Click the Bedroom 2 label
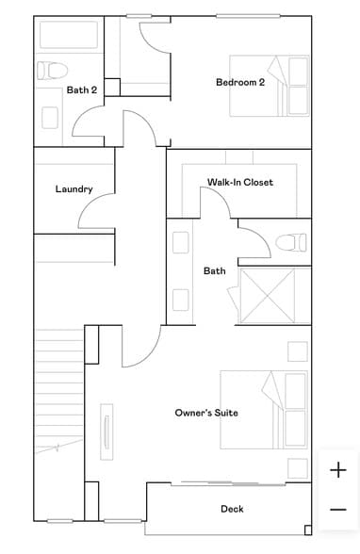240,82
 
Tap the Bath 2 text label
82,90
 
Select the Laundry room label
74,189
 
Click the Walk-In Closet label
240,182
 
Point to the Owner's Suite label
206,413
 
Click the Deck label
232,509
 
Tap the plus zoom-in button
338,470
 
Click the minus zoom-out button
338,510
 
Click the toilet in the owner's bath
291,243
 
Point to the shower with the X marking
268,296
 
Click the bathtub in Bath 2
67,35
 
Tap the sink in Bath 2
50,117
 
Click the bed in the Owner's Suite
266,408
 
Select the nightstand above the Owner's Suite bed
297,351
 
